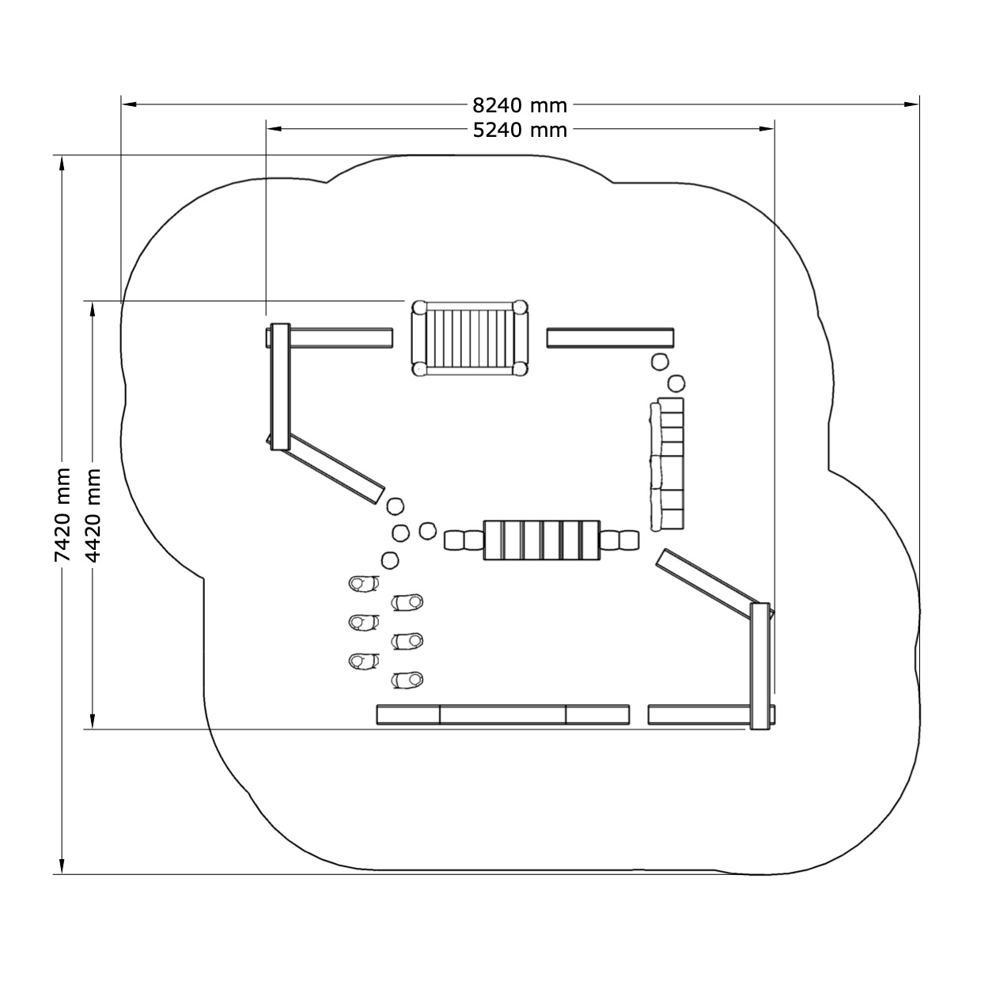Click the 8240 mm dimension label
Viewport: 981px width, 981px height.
point(519,105)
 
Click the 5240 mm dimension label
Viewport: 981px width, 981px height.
point(520,131)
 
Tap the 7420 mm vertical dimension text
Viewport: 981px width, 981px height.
point(62,515)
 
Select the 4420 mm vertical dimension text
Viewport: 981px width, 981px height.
point(93,515)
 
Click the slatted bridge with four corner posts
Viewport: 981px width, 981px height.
point(469,339)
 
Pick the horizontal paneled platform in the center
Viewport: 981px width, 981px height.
point(542,540)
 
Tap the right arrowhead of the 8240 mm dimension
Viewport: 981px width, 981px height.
point(911,104)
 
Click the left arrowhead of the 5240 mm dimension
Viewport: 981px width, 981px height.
point(274,129)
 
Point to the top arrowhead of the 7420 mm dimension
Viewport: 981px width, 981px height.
point(62,163)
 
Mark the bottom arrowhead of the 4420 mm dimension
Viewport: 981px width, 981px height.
point(92,722)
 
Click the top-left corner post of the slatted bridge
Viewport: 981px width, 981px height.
point(419,307)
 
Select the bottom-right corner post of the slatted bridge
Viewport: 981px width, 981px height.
point(520,369)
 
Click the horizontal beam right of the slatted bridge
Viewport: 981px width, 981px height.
point(611,338)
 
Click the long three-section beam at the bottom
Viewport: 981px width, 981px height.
point(503,714)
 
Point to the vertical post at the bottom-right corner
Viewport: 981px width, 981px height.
point(759,666)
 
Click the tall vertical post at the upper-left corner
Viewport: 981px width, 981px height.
point(280,387)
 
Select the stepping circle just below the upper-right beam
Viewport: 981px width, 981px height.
point(659,362)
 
